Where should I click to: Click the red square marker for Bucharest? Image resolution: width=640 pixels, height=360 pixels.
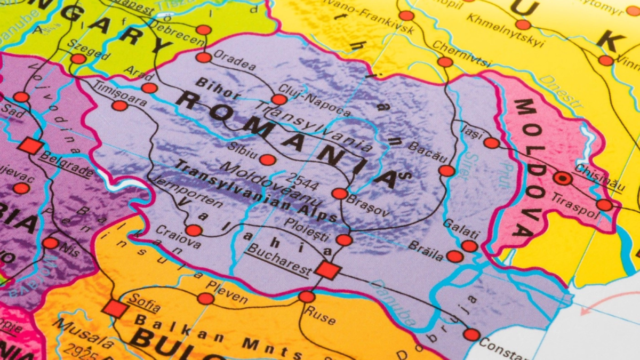[x=327, y=270]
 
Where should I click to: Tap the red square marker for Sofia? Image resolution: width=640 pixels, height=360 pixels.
[x=115, y=308]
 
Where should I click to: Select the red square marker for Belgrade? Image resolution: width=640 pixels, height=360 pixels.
[x=30, y=146]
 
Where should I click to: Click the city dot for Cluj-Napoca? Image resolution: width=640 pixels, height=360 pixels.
[x=279, y=99]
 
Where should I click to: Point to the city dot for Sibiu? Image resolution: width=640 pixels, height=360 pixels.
[x=268, y=159]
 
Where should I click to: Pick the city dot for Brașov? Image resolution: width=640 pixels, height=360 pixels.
[x=339, y=194]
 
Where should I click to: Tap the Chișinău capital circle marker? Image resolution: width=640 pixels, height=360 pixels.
[x=562, y=178]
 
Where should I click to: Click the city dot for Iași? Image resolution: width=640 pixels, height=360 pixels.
[x=491, y=143]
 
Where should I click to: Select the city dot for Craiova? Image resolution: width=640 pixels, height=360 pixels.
[x=194, y=230]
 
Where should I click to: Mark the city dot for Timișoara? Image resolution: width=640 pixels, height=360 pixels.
[x=120, y=106]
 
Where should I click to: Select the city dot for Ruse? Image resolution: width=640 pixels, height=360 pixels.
[x=307, y=297]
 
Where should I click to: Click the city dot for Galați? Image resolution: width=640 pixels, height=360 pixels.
[x=469, y=246]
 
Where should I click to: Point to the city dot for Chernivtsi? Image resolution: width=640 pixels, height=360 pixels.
[x=445, y=62]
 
